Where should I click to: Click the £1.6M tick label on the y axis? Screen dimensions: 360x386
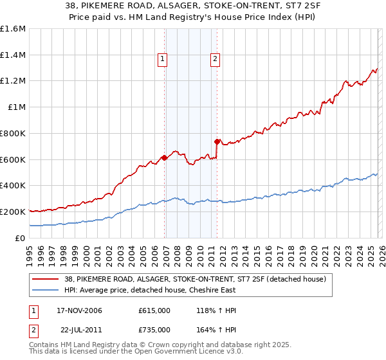coord(13,29)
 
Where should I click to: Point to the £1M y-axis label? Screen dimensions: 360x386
coord(16,107)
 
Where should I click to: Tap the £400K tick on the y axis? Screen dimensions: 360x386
coord(13,186)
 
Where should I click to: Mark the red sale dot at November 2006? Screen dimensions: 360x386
coord(164,157)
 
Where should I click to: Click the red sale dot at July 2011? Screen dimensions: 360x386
coord(217,141)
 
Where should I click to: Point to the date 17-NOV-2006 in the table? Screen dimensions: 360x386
coord(79,310)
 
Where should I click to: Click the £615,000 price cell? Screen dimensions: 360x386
coord(154,310)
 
